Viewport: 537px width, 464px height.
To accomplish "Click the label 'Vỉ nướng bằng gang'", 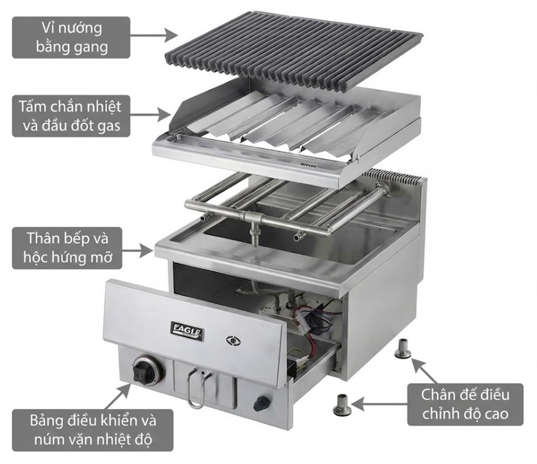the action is [x=71, y=38].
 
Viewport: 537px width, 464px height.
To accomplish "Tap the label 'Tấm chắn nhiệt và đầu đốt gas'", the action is [x=71, y=116].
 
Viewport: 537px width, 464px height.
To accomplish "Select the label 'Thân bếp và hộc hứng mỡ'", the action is [x=67, y=248].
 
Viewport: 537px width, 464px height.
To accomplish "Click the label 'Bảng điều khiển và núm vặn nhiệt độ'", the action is [x=93, y=430].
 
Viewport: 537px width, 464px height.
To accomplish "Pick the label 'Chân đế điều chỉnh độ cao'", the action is [x=465, y=404].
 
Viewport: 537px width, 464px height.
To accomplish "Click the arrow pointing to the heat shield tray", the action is [x=151, y=114].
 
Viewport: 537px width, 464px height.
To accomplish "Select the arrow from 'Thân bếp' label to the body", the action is [x=137, y=251].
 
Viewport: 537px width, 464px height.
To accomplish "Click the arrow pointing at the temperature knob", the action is [x=117, y=397].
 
